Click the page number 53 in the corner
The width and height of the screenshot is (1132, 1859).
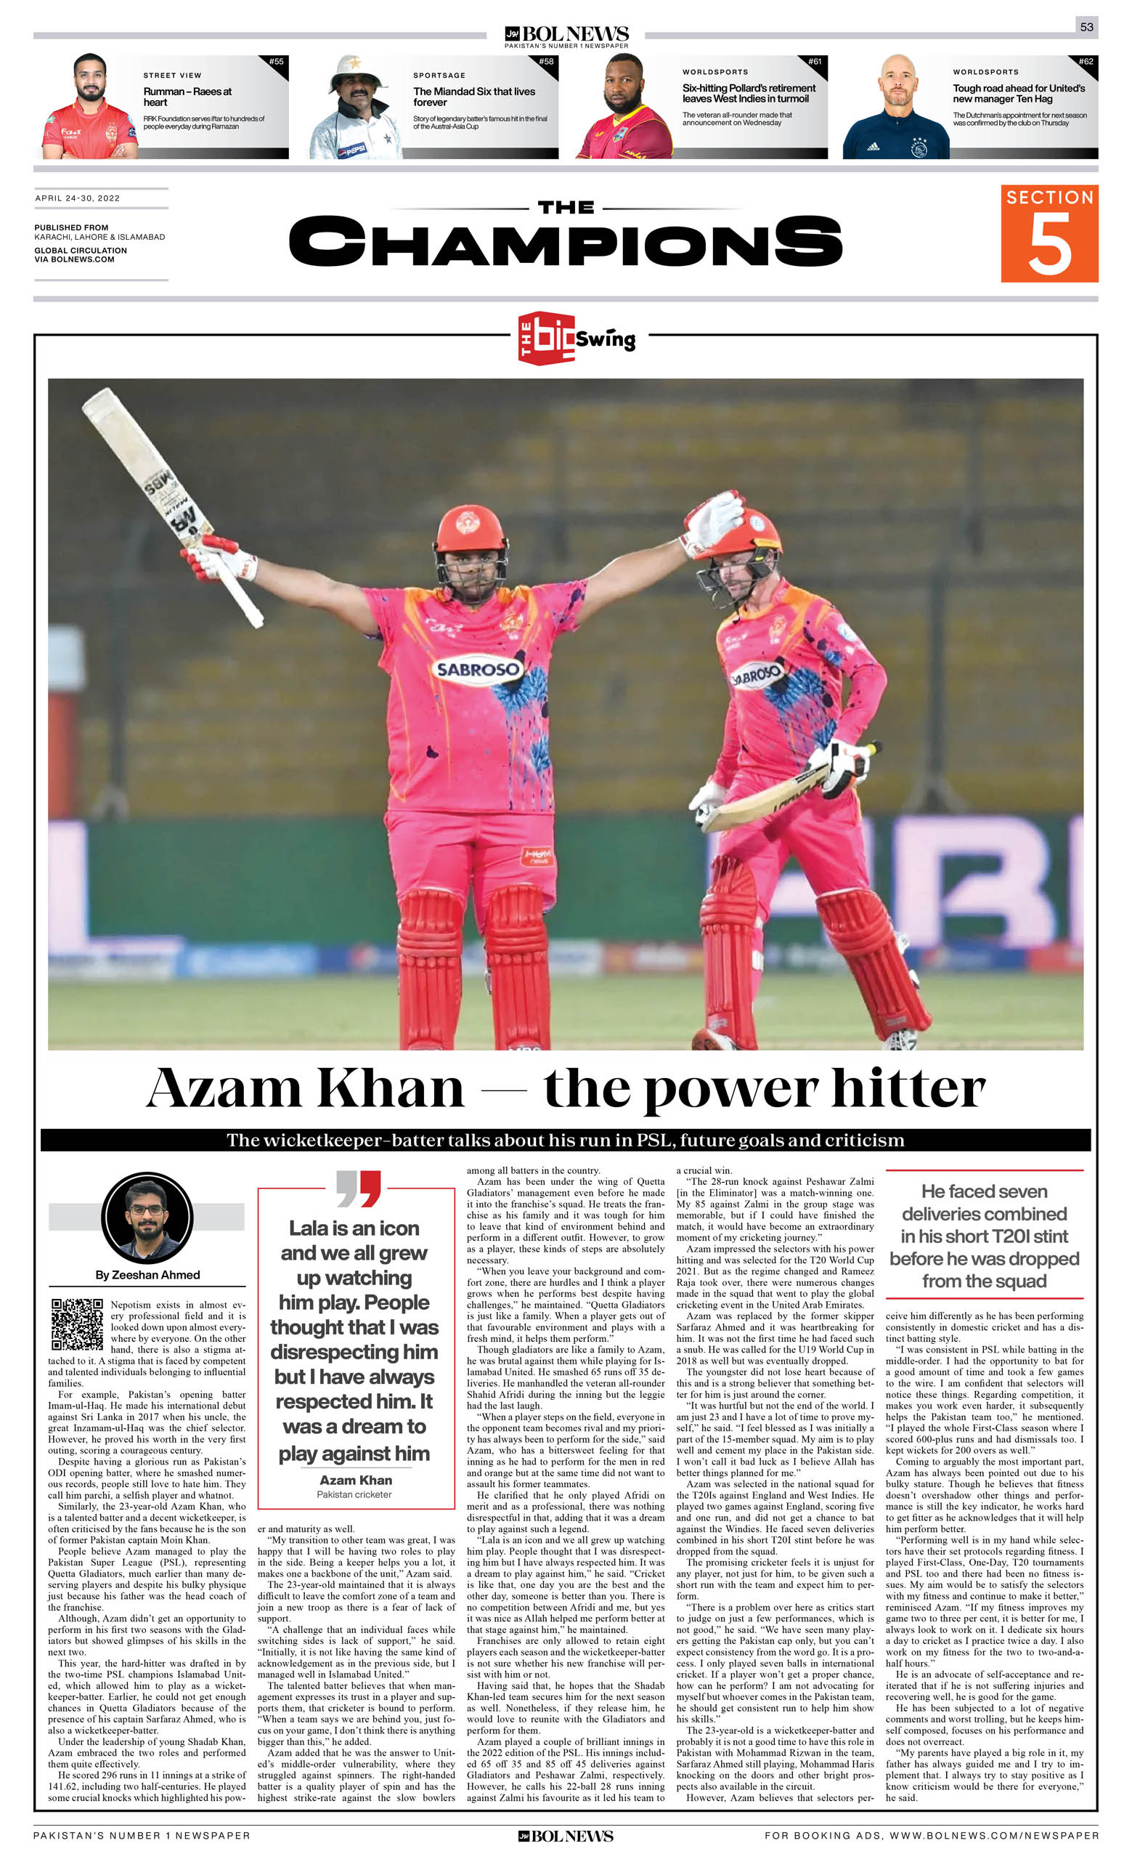(1086, 26)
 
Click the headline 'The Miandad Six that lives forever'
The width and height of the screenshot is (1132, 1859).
(473, 97)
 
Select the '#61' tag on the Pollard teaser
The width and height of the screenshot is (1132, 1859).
(815, 62)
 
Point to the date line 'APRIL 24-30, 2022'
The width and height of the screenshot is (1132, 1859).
(78, 198)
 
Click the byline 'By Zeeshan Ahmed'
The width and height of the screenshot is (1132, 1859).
(148, 1275)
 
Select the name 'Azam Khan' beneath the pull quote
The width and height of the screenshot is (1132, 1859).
(355, 1481)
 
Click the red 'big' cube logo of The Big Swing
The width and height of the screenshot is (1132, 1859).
(547, 337)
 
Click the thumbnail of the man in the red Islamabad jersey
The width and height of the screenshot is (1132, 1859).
(91, 106)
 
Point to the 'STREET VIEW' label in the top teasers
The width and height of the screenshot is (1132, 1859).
(172, 76)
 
